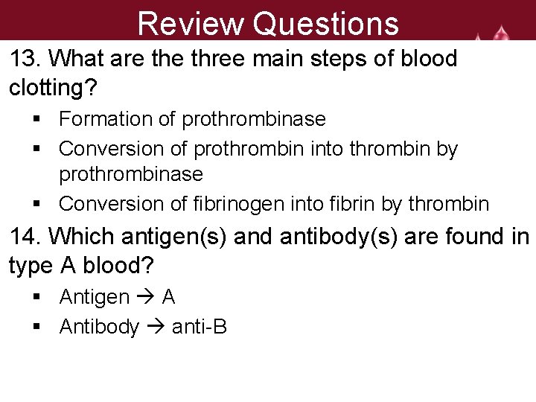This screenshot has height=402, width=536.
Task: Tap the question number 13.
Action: pyautogui.click(x=25, y=59)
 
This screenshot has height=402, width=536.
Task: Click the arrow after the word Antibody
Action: pyautogui.click(x=156, y=326)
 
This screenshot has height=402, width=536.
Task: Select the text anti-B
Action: pyautogui.click(x=199, y=326)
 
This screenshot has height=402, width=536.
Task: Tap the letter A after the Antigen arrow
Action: pyautogui.click(x=168, y=298)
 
